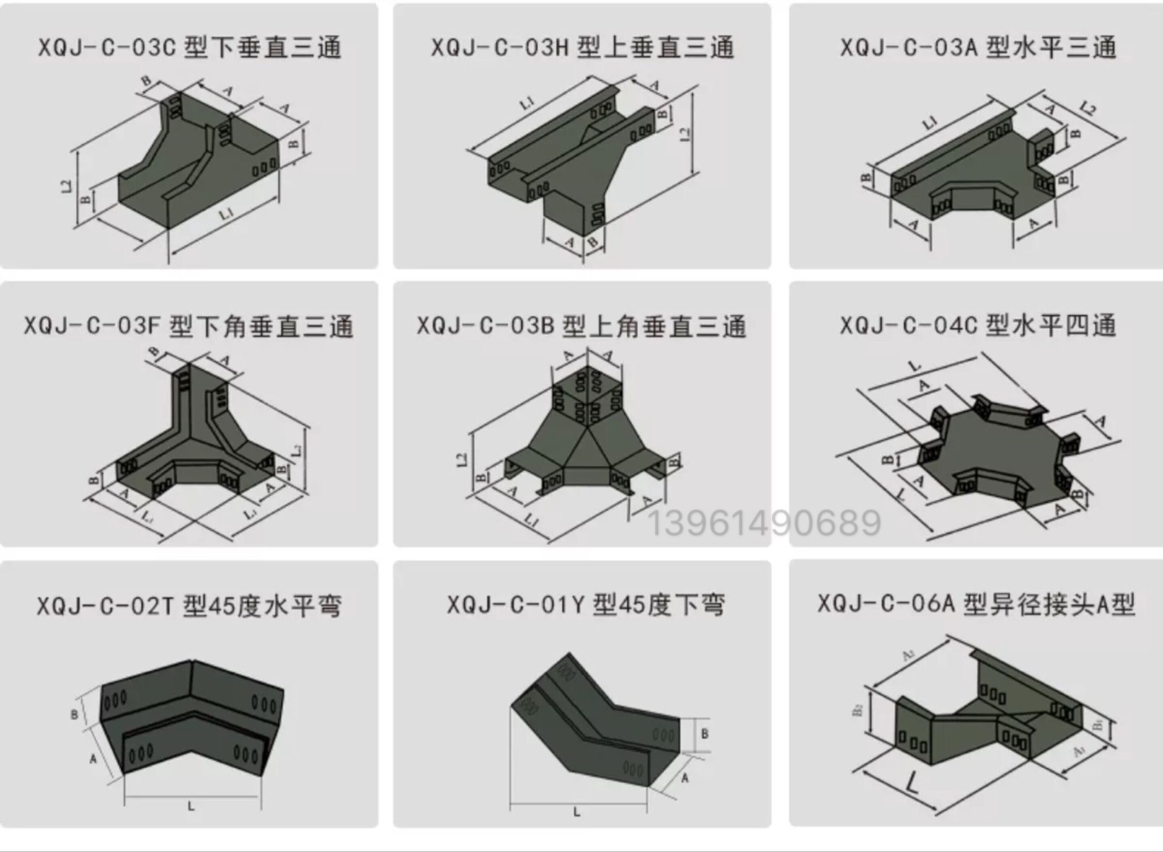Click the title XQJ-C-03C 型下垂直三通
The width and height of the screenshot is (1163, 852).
pos(189,48)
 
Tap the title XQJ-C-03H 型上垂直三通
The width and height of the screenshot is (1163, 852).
pos(582,48)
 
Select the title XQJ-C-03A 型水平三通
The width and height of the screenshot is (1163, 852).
pos(978,48)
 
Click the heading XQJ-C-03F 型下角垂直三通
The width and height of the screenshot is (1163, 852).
pos(188,326)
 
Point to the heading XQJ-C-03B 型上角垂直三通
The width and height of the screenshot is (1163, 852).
pos(581,326)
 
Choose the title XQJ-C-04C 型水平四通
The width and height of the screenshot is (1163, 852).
pos(978,326)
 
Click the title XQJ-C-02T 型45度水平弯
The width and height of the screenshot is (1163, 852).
pos(189,606)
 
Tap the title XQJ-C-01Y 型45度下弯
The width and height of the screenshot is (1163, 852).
pos(585,604)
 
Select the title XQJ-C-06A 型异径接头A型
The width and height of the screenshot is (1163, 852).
pos(976,604)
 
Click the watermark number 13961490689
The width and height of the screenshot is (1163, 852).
pos(764,524)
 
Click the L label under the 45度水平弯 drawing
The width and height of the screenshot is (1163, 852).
pos(191,806)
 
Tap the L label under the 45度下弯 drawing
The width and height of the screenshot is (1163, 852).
pos(576,812)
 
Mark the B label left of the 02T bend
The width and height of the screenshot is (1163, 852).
pos(74,715)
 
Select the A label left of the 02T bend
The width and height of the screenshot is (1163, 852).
pos(93,758)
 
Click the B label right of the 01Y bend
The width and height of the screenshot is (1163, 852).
pos(704,733)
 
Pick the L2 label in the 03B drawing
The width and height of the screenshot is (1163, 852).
pos(462,460)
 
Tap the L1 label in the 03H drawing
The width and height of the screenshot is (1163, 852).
pos(527,104)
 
